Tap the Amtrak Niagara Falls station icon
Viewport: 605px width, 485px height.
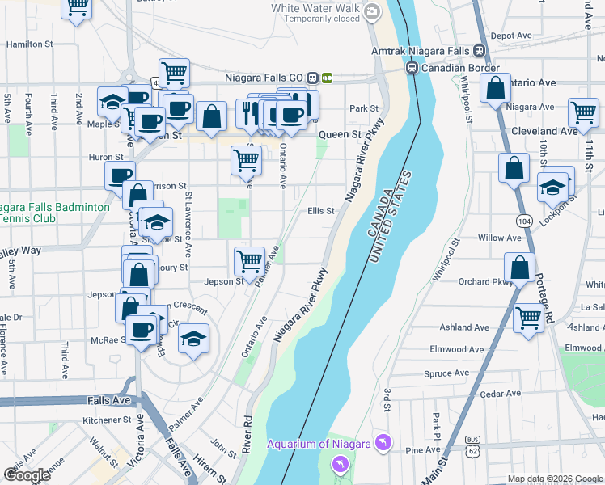click(x=480, y=50)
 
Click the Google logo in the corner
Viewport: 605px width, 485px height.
click(x=27, y=475)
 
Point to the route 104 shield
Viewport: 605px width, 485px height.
click(x=524, y=221)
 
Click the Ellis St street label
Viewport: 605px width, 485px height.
click(x=320, y=211)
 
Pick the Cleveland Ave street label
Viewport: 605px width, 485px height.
click(x=544, y=130)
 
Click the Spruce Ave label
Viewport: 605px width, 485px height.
click(x=446, y=373)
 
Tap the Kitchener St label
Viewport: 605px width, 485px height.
click(x=107, y=420)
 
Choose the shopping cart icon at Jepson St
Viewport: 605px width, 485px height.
click(x=250, y=262)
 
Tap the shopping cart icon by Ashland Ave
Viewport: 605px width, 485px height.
click(x=528, y=318)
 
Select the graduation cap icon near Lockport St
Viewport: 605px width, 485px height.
click(x=552, y=187)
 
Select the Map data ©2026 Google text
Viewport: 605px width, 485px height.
click(x=555, y=479)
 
